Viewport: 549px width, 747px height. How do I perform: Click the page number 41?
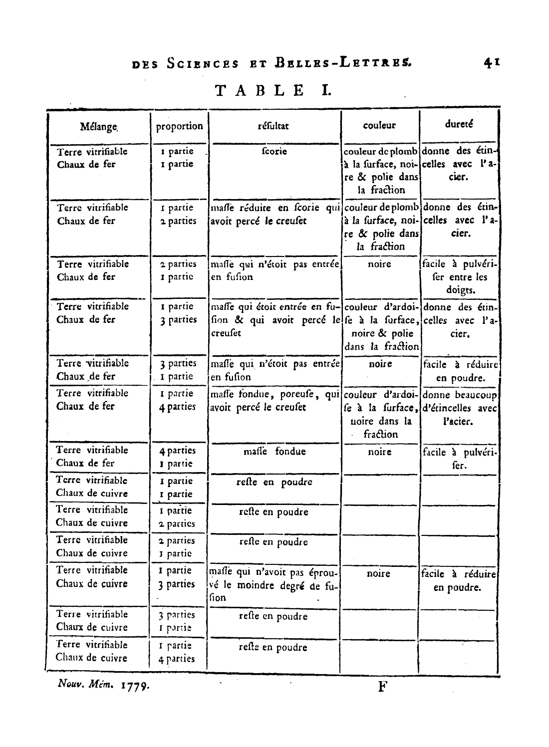[492, 63]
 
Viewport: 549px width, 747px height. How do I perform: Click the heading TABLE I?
[273, 90]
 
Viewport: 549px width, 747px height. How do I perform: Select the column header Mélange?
[99, 127]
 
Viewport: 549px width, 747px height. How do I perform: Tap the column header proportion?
[179, 126]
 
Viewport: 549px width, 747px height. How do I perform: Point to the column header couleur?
[379, 125]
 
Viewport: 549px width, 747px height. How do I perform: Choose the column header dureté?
[459, 124]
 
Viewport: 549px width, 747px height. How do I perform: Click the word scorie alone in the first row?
[274, 151]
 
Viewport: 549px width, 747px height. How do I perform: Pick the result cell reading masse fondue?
[274, 451]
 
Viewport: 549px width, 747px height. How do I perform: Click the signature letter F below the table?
[383, 687]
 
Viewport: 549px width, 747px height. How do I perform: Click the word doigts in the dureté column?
[461, 290]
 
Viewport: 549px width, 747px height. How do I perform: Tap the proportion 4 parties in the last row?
[177, 658]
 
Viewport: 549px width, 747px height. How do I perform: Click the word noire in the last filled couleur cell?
[378, 573]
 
